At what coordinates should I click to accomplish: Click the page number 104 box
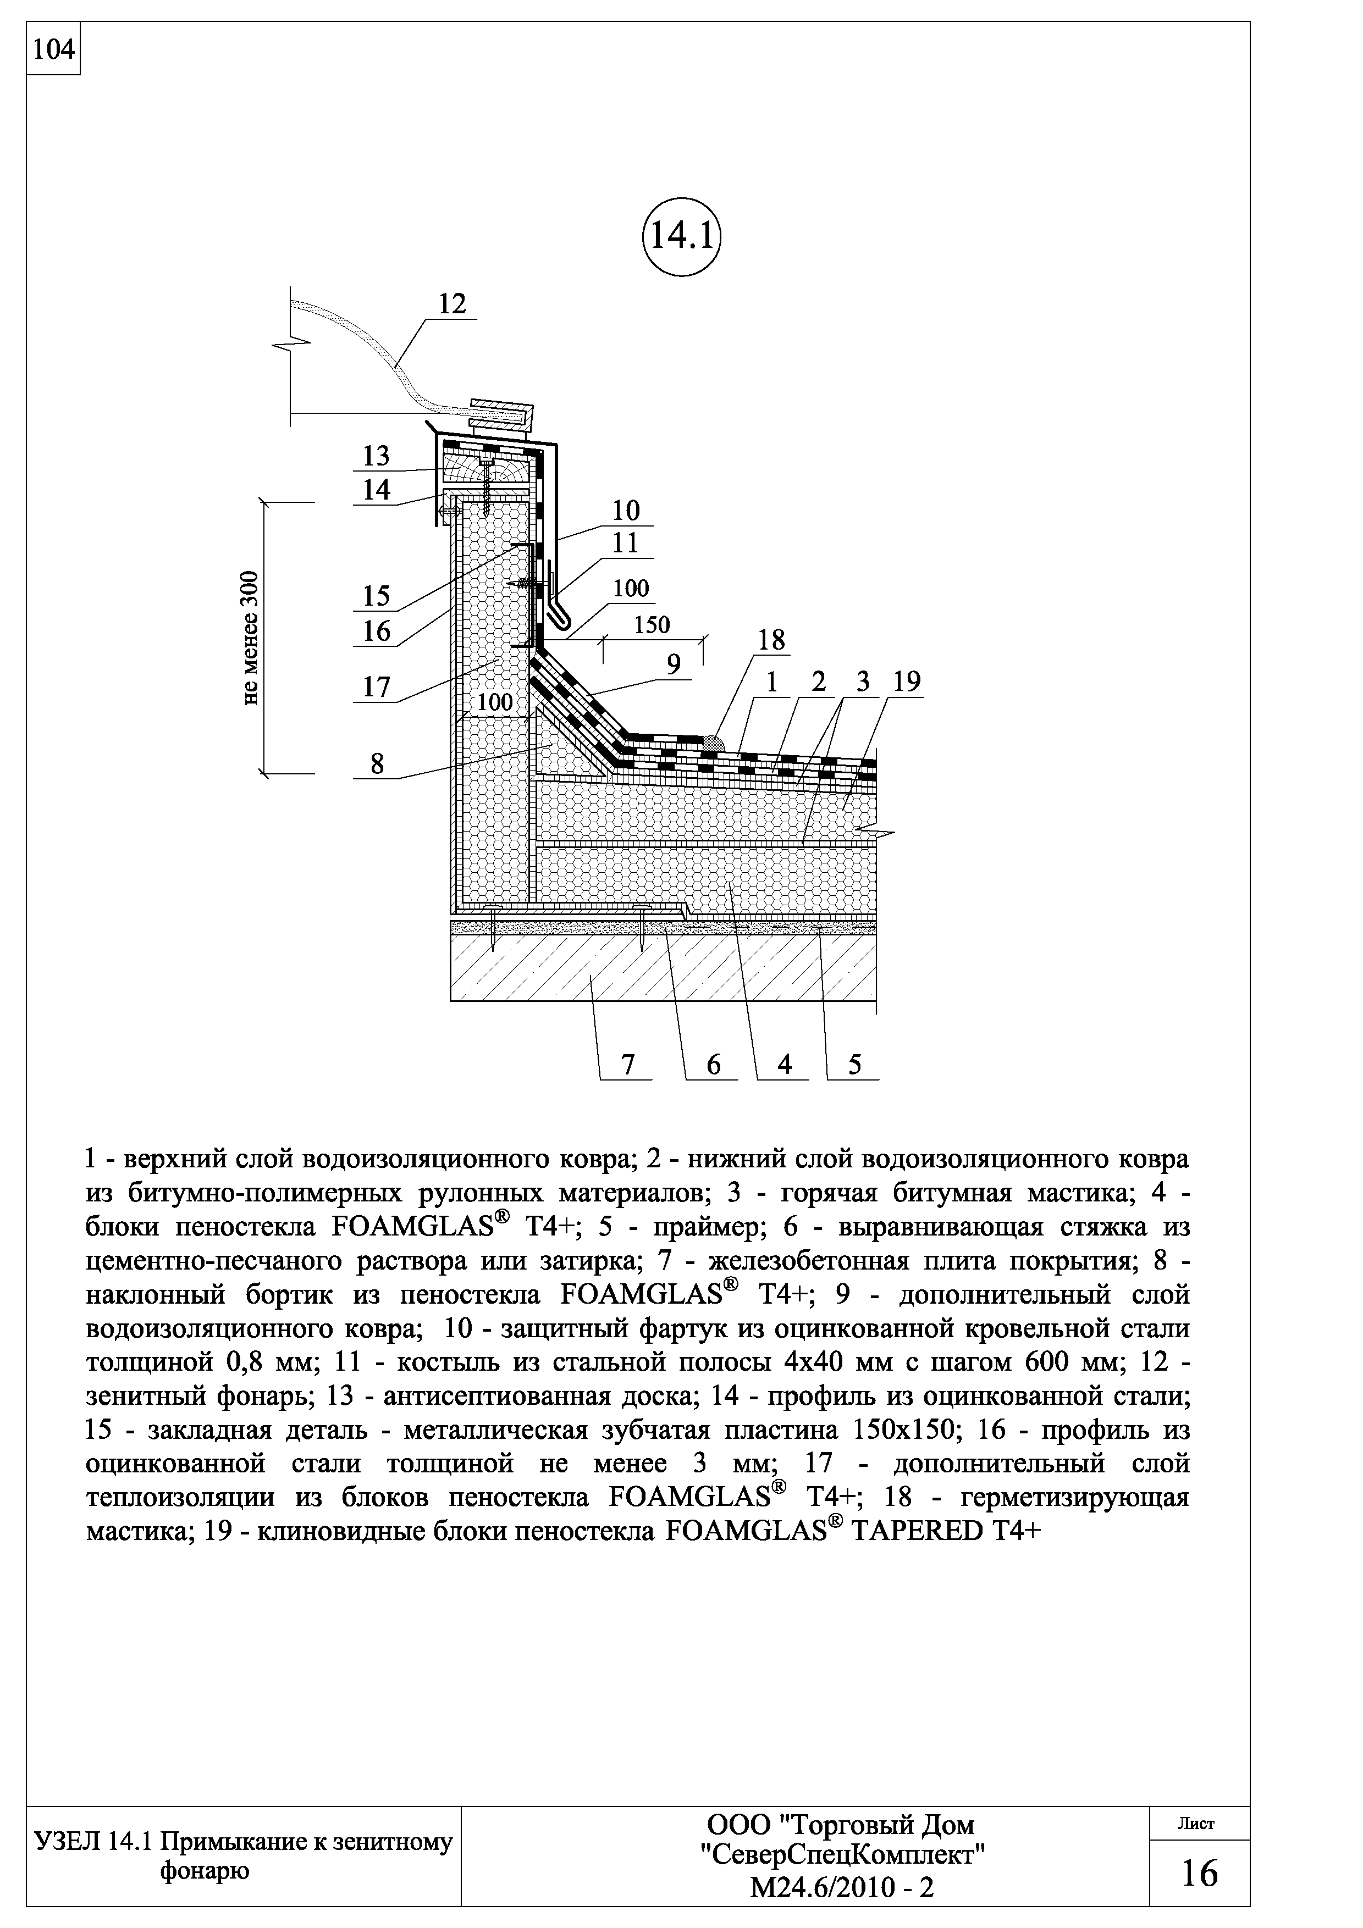[53, 51]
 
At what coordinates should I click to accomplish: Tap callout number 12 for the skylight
[452, 304]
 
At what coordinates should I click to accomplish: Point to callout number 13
[376, 456]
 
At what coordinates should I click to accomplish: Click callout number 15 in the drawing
[376, 595]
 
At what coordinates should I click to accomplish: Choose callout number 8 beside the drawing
[376, 764]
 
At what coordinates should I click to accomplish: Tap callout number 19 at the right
[907, 682]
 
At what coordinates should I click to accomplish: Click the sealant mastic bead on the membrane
[712, 743]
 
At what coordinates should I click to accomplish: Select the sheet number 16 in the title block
[1199, 1872]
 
